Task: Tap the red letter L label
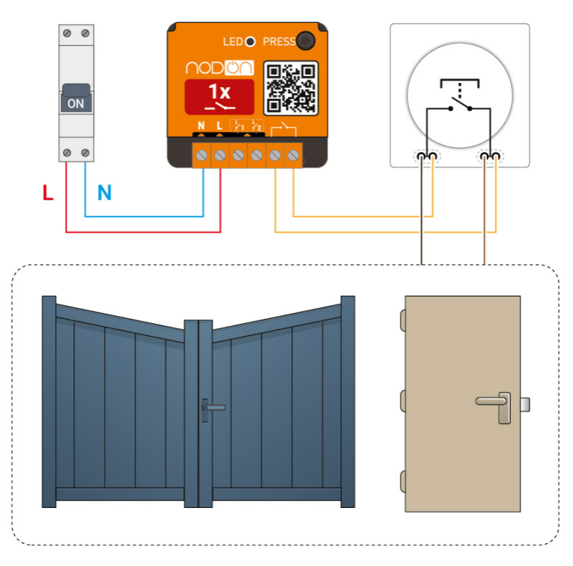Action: [48, 193]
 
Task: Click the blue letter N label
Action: [105, 193]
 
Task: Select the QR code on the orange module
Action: [291, 87]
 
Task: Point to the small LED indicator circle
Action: [251, 42]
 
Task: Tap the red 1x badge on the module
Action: [219, 97]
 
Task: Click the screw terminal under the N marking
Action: [202, 154]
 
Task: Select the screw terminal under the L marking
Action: [220, 154]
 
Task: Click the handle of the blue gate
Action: [212, 408]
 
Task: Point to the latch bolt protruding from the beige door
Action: [526, 406]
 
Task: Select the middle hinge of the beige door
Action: [403, 398]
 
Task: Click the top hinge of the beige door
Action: [403, 318]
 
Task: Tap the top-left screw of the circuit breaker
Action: [67, 33]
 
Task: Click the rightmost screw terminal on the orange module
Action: [292, 154]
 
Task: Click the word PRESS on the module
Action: [279, 42]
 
